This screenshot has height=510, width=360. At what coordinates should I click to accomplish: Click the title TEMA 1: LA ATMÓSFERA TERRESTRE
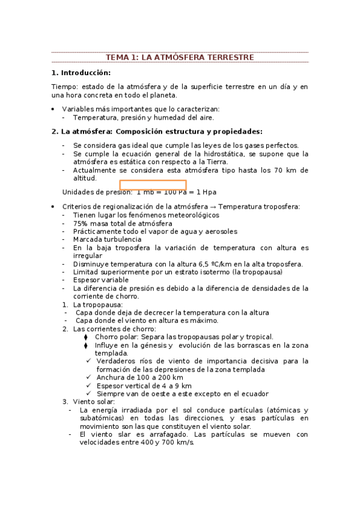(x=180, y=57)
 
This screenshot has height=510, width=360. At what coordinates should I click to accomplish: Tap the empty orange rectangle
(x=153, y=185)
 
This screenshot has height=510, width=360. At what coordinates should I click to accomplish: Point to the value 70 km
(x=285, y=170)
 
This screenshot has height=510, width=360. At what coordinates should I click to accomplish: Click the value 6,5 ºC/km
(x=195, y=263)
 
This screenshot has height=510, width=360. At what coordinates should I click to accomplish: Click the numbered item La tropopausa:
(x=97, y=304)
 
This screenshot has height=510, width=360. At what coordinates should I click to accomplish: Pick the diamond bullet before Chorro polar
(x=86, y=337)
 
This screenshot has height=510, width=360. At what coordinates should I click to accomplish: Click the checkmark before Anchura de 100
(x=89, y=378)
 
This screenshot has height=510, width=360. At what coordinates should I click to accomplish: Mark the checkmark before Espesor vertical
(x=89, y=386)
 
